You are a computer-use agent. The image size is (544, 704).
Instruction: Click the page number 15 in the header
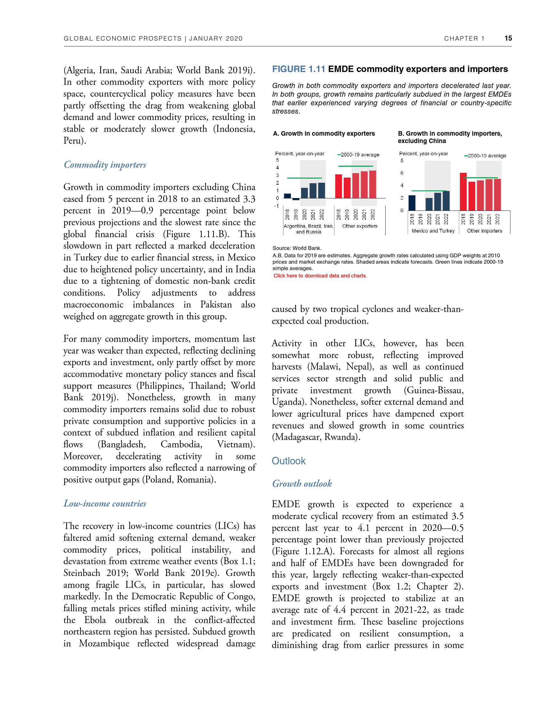click(508, 38)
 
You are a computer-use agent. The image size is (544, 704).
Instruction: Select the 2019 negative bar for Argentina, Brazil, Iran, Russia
click(296, 199)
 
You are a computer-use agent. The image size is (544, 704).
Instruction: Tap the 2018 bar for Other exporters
click(338, 186)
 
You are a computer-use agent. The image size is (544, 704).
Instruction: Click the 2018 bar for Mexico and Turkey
click(412, 203)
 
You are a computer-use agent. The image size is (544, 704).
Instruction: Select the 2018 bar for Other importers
click(463, 191)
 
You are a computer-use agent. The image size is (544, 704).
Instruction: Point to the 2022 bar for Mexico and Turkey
click(446, 201)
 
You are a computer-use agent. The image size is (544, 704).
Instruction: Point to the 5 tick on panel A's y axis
click(277, 160)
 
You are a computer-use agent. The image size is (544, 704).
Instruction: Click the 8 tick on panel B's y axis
click(402, 160)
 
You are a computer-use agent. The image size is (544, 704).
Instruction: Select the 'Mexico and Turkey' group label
click(433, 231)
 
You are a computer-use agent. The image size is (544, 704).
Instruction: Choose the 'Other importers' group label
click(484, 231)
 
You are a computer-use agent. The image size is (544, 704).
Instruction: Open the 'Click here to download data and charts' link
click(320, 276)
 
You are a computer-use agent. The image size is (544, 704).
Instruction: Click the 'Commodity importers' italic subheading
click(105, 165)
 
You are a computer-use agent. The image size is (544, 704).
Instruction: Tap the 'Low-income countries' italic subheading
click(105, 503)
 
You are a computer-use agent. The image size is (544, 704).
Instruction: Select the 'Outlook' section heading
click(288, 461)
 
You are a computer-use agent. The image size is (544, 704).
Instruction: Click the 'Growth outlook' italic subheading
click(302, 484)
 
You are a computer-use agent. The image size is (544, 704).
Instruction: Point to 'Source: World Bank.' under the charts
click(297, 248)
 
